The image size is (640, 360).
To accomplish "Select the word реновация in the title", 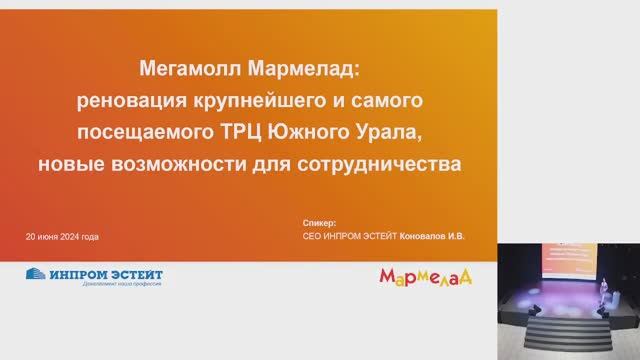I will click(x=129, y=101).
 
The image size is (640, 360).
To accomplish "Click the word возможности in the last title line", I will click(x=167, y=163).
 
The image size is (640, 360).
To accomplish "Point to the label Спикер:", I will click(x=320, y=222).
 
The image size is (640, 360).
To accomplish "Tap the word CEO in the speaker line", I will click(x=311, y=237).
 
